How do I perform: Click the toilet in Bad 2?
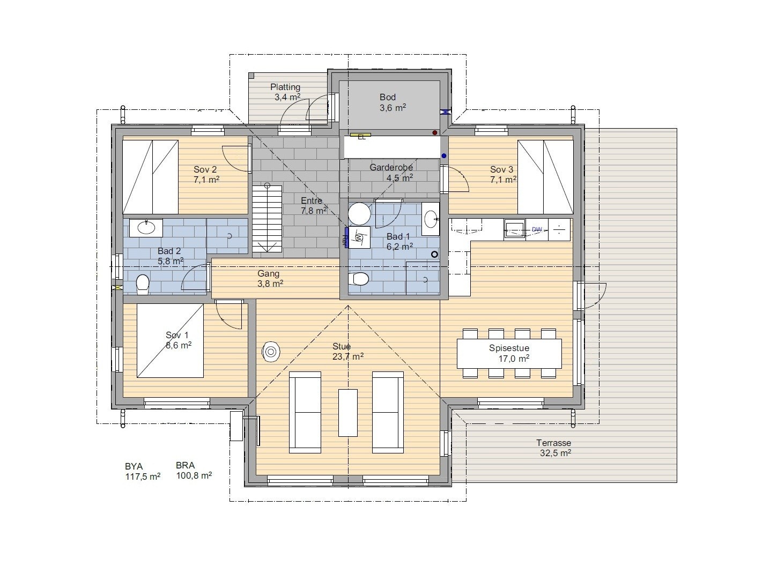click(x=142, y=284)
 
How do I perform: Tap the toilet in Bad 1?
click(x=359, y=279)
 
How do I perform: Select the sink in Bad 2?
click(x=146, y=228)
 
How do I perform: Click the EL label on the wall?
click(x=361, y=137)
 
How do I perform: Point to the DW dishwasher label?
click(x=537, y=229)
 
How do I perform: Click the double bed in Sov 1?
click(x=170, y=340)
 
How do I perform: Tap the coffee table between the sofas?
click(x=348, y=413)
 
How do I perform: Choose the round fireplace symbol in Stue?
click(x=271, y=352)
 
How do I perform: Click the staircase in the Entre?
click(x=267, y=219)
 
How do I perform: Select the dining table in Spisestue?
click(x=509, y=354)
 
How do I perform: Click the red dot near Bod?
click(x=435, y=132)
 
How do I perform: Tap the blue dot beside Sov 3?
click(x=444, y=155)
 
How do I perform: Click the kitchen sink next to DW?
click(x=515, y=229)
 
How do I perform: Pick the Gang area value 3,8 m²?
click(x=270, y=284)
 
